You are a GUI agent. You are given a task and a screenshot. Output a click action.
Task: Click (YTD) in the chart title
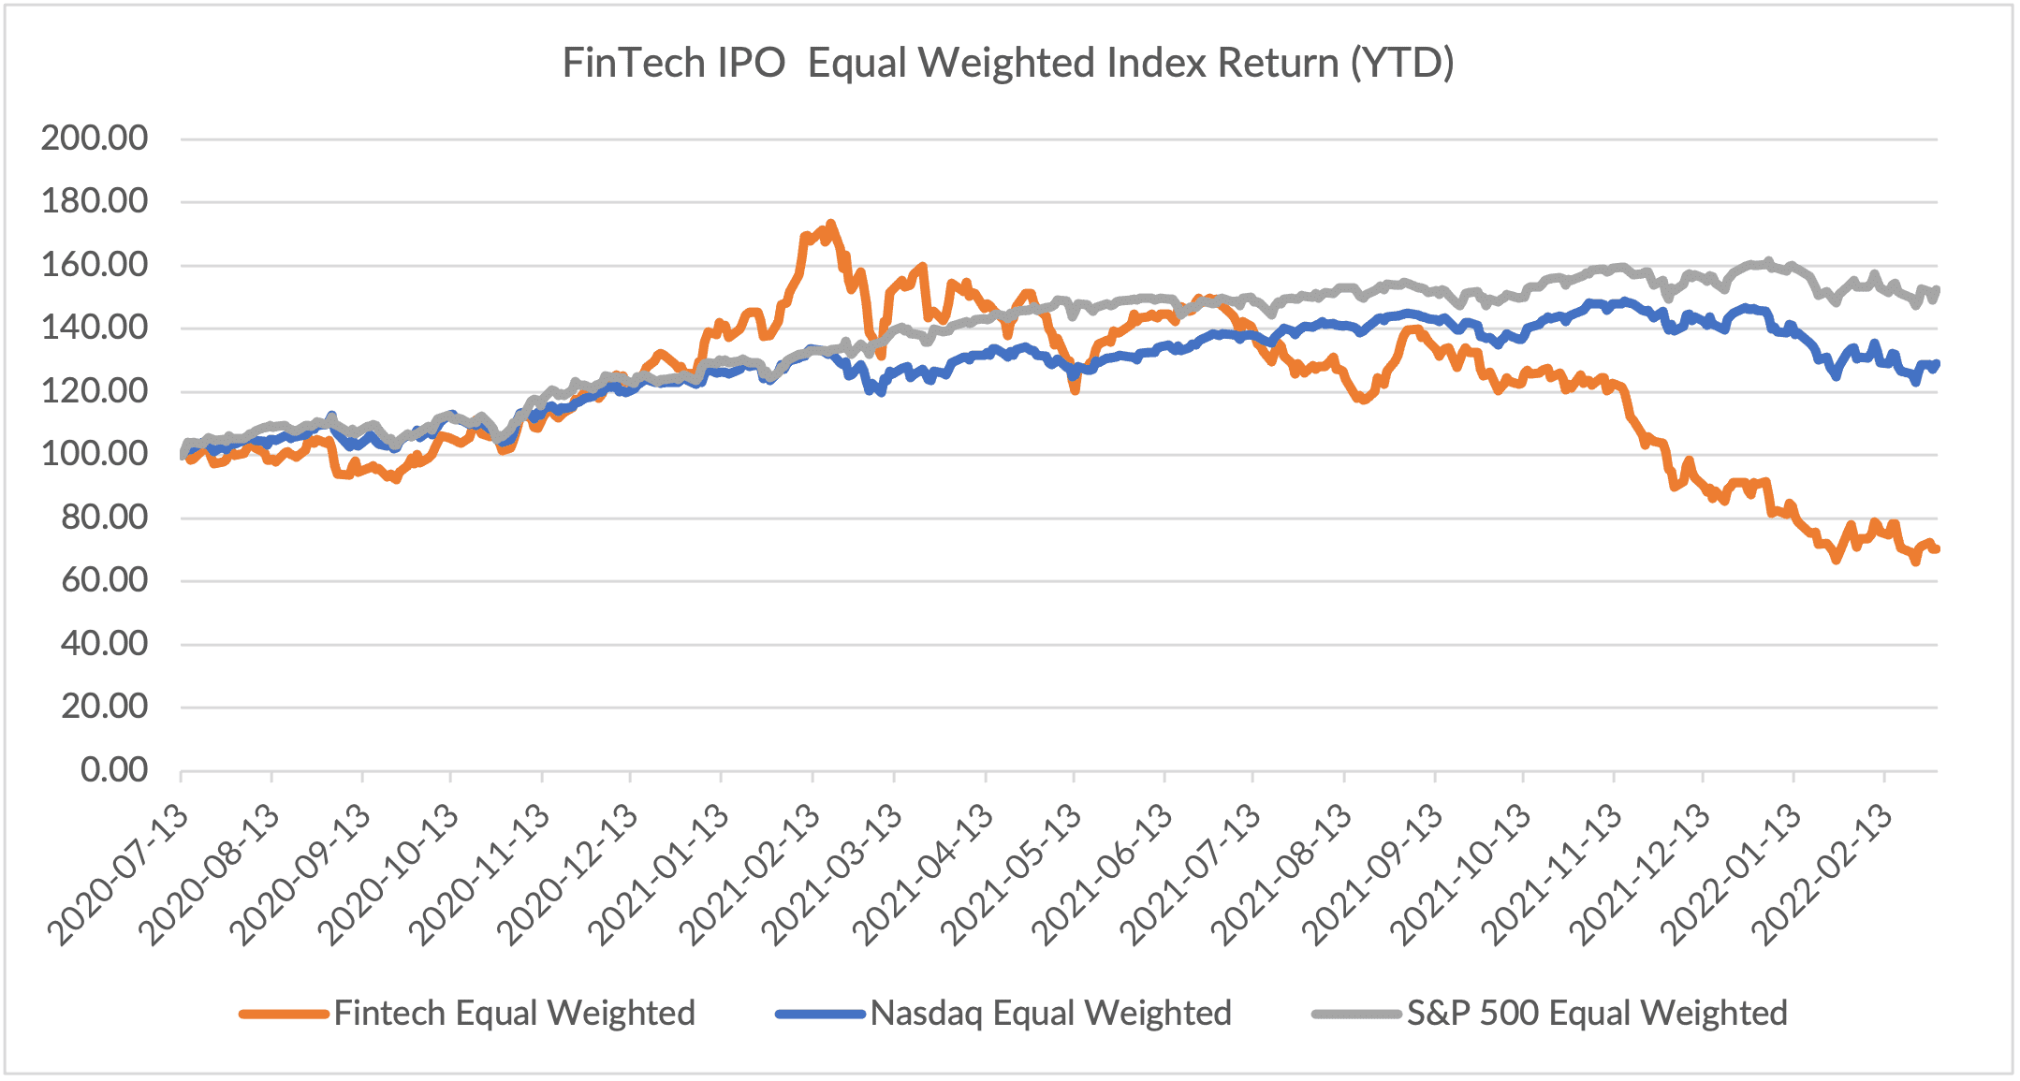pos(1401,64)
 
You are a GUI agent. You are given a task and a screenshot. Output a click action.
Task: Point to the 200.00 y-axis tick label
pos(95,139)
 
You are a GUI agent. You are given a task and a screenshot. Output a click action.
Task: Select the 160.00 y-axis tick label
pos(95,265)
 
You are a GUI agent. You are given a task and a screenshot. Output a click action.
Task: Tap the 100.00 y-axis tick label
pos(95,454)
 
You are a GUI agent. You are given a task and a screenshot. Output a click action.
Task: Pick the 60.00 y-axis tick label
pos(104,580)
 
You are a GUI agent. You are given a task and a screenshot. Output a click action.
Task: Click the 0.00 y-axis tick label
pos(114,770)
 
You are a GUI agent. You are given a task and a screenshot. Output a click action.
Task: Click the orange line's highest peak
pos(830,225)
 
